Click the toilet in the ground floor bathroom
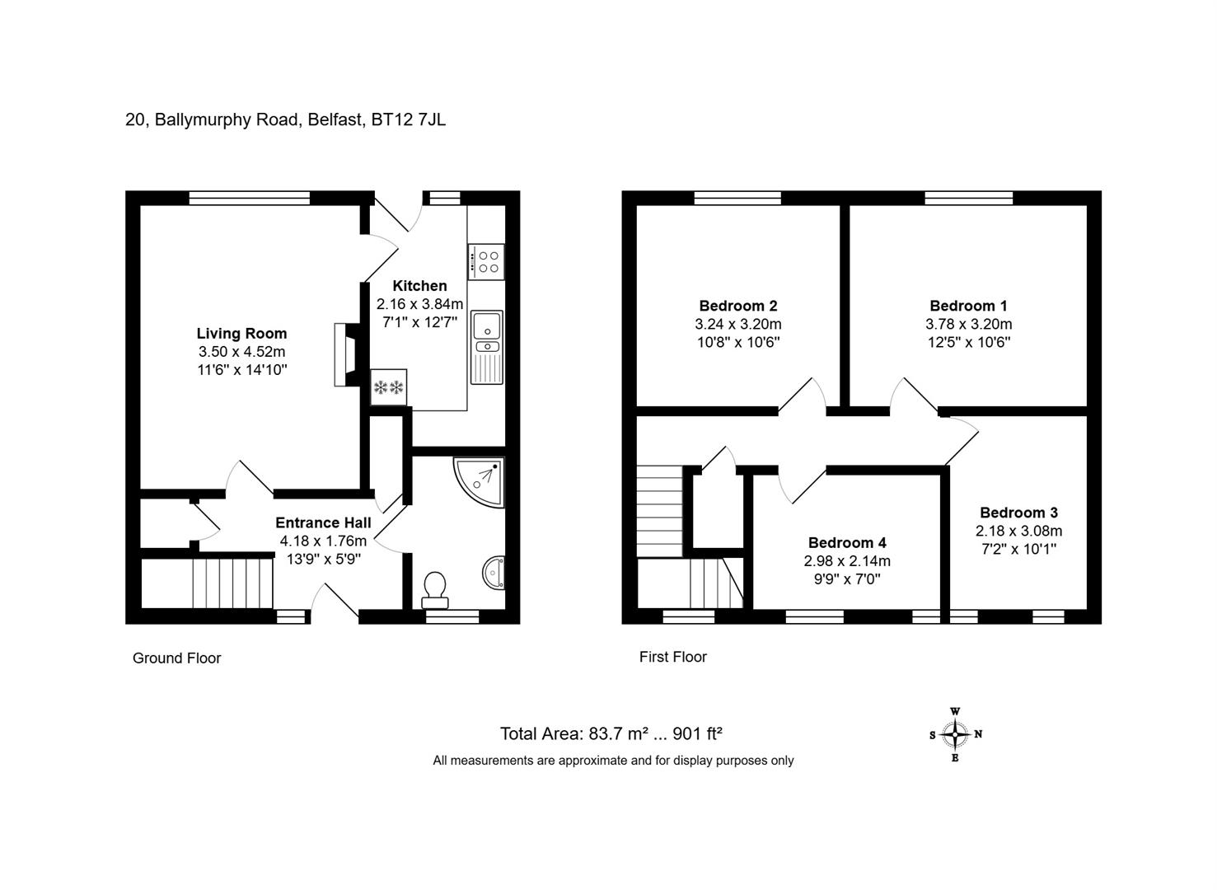[435, 589]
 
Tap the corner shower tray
[480, 482]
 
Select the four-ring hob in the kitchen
[486, 262]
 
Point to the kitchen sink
[487, 347]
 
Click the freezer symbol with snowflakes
[388, 387]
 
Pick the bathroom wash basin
[494, 573]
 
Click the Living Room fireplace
[347, 355]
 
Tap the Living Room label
[241, 333]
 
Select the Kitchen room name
[419, 286]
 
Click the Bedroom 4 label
[847, 542]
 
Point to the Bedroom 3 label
[1018, 513]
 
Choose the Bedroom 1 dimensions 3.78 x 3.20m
[969, 325]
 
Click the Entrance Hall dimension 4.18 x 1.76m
[323, 541]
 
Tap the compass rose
[955, 734]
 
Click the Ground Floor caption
[176, 658]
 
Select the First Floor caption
[672, 657]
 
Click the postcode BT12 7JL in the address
[408, 119]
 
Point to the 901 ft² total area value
[698, 734]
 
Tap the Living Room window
[250, 198]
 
